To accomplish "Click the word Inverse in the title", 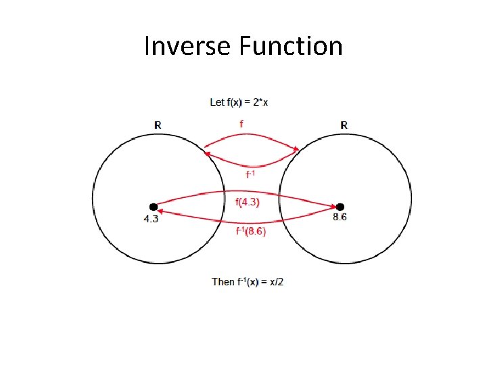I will (x=187, y=47).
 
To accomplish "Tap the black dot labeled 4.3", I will (x=154, y=207).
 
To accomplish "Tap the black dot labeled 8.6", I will (x=340, y=207).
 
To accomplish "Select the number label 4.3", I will (x=152, y=219).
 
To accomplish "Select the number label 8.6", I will (x=340, y=217).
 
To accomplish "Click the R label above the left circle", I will (x=158, y=125).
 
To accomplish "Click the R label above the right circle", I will (x=344, y=125).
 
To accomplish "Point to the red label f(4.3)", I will (x=247, y=201).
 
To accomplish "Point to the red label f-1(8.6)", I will (x=250, y=231).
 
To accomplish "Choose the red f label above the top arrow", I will (x=242, y=124).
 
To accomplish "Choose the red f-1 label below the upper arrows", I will (x=250, y=174).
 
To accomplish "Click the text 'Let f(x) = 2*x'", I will (x=239, y=102).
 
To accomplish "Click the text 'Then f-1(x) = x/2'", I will (x=248, y=281).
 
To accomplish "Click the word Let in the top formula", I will (x=217, y=102).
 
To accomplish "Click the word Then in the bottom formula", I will (x=223, y=281).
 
